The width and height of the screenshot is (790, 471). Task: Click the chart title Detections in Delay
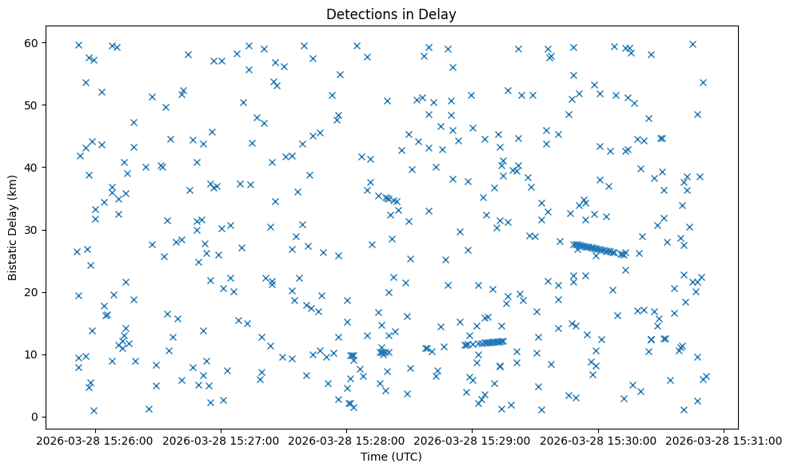(391, 14)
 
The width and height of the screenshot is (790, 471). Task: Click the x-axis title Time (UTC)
(391, 457)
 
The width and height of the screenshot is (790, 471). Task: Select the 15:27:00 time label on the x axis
(221, 439)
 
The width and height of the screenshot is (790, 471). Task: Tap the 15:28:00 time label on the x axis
(346, 439)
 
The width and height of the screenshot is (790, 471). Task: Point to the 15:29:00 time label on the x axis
(473, 439)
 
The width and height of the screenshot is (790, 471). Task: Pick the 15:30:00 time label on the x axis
(599, 439)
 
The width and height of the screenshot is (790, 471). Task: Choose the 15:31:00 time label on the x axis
(724, 439)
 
